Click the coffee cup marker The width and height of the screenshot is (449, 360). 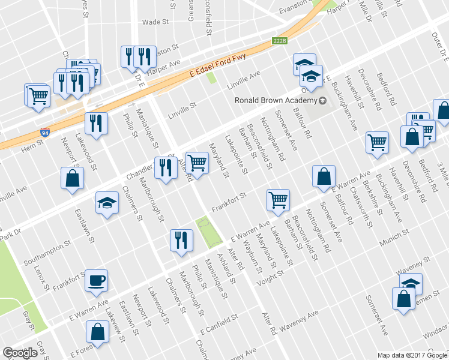(x=97, y=281)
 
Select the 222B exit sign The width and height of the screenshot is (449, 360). (x=280, y=41)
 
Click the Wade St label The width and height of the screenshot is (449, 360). (x=155, y=22)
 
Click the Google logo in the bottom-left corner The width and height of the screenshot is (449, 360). (x=20, y=353)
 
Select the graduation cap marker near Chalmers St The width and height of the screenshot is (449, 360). (x=107, y=203)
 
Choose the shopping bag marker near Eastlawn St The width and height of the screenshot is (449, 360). (x=72, y=178)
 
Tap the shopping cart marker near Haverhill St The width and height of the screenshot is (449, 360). (x=377, y=142)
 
